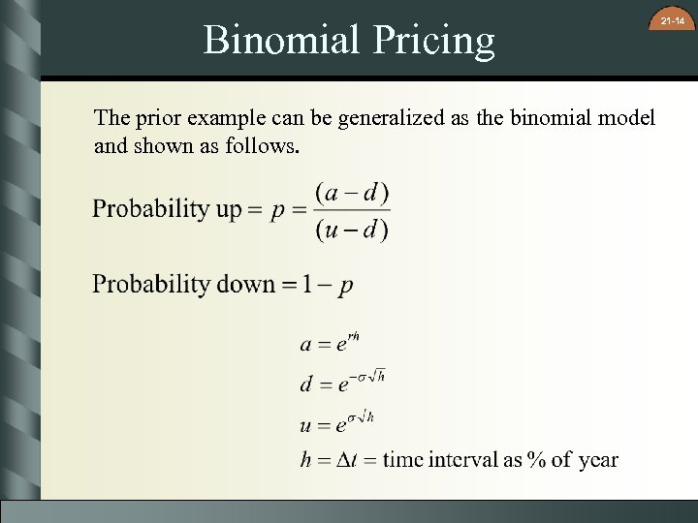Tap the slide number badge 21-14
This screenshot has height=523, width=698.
(x=672, y=20)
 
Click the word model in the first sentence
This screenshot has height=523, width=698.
(x=628, y=118)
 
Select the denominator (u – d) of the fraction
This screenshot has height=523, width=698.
(x=351, y=230)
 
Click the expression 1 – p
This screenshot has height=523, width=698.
(x=327, y=285)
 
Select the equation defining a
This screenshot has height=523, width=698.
(x=330, y=343)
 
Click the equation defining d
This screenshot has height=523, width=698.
(x=342, y=382)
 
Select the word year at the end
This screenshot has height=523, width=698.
(x=598, y=460)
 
